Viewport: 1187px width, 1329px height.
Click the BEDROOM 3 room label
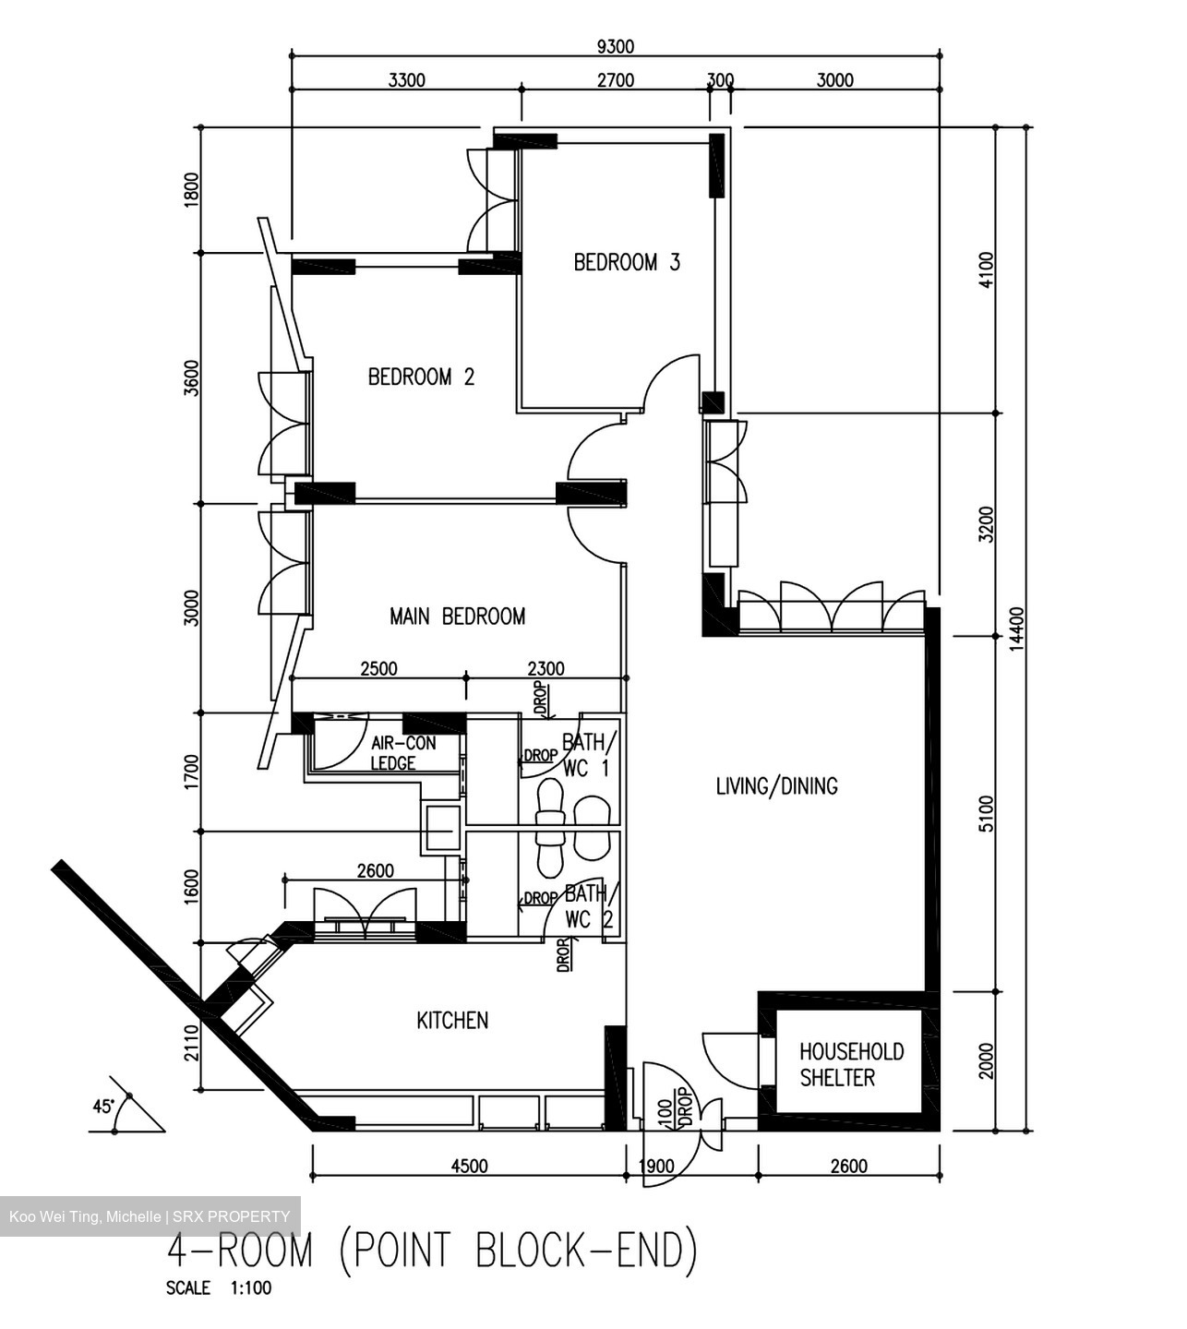click(627, 263)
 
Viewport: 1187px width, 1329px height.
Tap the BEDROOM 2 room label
click(421, 377)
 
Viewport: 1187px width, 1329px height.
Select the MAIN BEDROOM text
click(457, 617)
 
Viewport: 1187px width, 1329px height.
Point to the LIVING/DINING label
click(777, 786)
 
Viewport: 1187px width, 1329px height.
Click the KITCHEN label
click(452, 1021)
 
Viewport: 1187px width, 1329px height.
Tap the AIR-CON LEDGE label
click(402, 753)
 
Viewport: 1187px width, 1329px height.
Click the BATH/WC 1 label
click(586, 755)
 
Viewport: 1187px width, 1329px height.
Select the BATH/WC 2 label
click(588, 906)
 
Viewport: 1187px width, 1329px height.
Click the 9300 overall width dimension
click(616, 47)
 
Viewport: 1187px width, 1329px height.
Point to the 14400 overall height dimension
click(1016, 629)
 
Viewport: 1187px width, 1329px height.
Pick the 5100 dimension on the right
click(987, 813)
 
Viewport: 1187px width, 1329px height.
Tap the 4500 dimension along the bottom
click(469, 1166)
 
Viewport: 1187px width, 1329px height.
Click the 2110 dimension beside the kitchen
click(191, 1042)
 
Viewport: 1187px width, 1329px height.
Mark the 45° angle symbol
click(103, 1106)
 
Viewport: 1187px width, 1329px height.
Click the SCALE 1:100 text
click(219, 1288)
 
